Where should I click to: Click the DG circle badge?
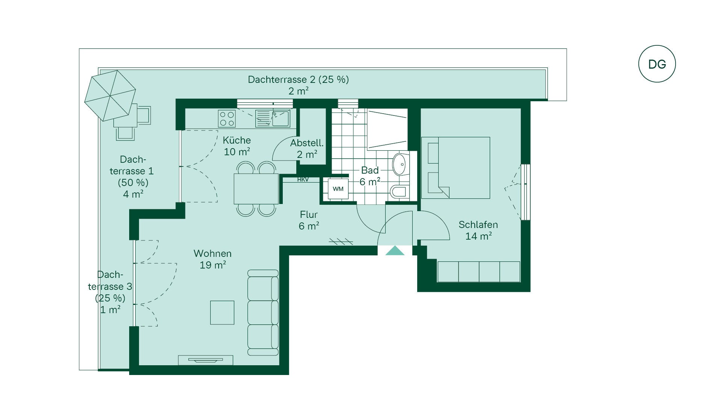tap(657, 64)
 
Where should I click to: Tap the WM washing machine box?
tap(338, 189)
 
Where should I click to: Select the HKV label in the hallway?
tap(303, 180)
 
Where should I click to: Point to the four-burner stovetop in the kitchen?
tap(227, 118)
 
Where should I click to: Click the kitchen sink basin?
tap(281, 118)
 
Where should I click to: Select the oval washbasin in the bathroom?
tap(399, 164)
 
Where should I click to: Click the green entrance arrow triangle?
tap(395, 250)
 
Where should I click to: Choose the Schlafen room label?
tap(478, 225)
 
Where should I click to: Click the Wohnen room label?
tap(213, 253)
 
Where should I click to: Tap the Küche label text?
tap(237, 140)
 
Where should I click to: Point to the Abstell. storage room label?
tap(307, 143)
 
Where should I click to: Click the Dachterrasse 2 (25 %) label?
tap(298, 79)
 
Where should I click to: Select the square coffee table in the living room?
tap(222, 312)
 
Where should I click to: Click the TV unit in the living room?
tap(205, 360)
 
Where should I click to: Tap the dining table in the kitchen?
tap(256, 189)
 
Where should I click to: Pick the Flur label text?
tap(309, 214)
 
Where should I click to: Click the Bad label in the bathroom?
tap(370, 170)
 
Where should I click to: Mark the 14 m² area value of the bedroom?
tap(478, 236)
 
